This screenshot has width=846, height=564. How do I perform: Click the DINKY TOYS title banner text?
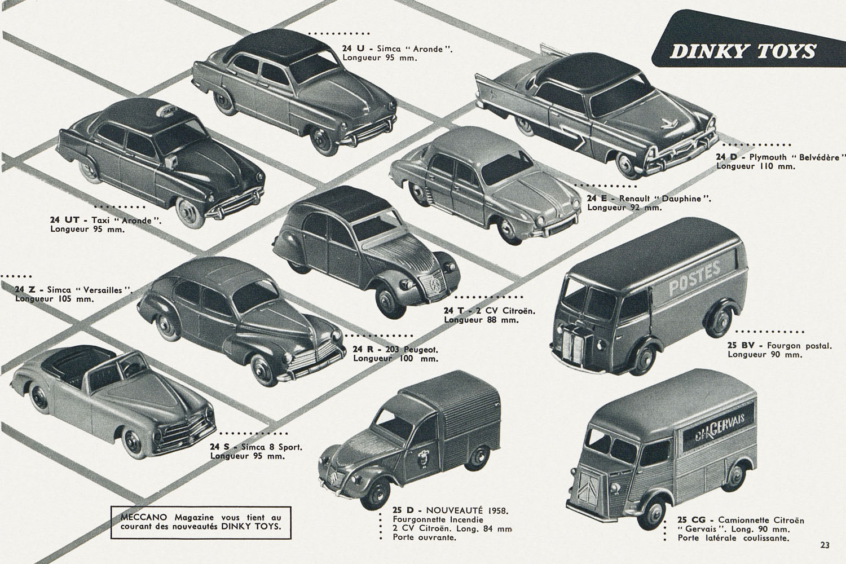[743, 51]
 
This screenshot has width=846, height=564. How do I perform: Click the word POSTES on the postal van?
[694, 279]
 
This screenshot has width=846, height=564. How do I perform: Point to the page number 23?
[825, 545]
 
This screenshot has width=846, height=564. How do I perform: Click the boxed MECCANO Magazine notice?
[201, 522]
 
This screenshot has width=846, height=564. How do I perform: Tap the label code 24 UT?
[64, 220]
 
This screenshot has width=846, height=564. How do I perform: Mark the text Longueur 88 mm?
[482, 320]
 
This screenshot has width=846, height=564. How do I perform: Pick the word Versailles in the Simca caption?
[103, 290]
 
